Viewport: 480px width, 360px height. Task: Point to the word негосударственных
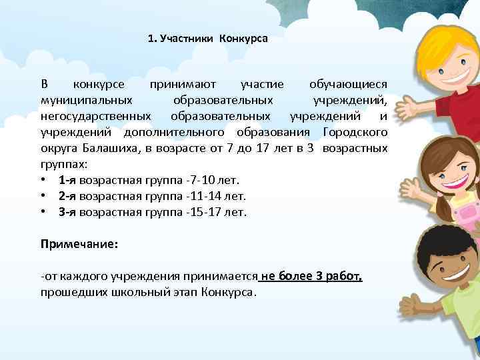[x=96, y=115]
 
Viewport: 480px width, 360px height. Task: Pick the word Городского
[x=355, y=131]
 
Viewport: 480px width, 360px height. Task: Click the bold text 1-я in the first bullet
[x=66, y=180]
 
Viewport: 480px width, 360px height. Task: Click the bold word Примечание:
[x=79, y=245]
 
